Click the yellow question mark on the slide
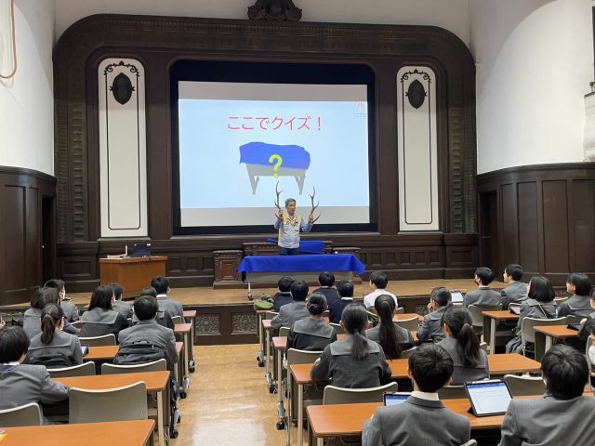pos(275,165)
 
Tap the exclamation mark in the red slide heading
pos(319,124)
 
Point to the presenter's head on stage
pos(291,205)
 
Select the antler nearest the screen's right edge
pos(314,204)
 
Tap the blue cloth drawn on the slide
pos(275,156)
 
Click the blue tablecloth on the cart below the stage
pos(301,264)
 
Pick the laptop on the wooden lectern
pos(141,250)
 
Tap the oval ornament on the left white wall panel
pos(122,88)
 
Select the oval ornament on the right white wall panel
pos(416,94)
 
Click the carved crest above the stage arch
pos(275,10)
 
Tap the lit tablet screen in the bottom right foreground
pos(488,397)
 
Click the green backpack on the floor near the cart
pos(263,302)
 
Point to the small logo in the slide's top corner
pos(360,109)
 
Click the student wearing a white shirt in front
pos(379,290)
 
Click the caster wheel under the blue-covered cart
pos(250,295)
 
